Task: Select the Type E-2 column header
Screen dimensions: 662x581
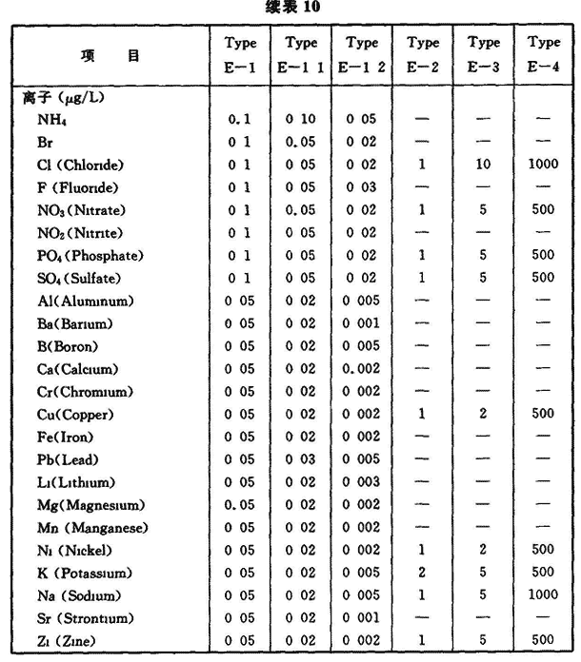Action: pyautogui.click(x=423, y=55)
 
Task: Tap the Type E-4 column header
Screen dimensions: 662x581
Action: pyautogui.click(x=544, y=55)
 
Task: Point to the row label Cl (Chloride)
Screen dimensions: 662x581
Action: pyautogui.click(x=81, y=165)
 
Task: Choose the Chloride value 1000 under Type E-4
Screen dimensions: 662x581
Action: pyautogui.click(x=544, y=165)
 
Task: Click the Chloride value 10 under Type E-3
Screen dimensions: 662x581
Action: pyautogui.click(x=484, y=165)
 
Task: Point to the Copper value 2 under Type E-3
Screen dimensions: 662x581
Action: pyautogui.click(x=484, y=415)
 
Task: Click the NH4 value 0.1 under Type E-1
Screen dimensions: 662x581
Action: pyautogui.click(x=238, y=120)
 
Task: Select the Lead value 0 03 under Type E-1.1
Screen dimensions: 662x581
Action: pyautogui.click(x=300, y=460)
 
